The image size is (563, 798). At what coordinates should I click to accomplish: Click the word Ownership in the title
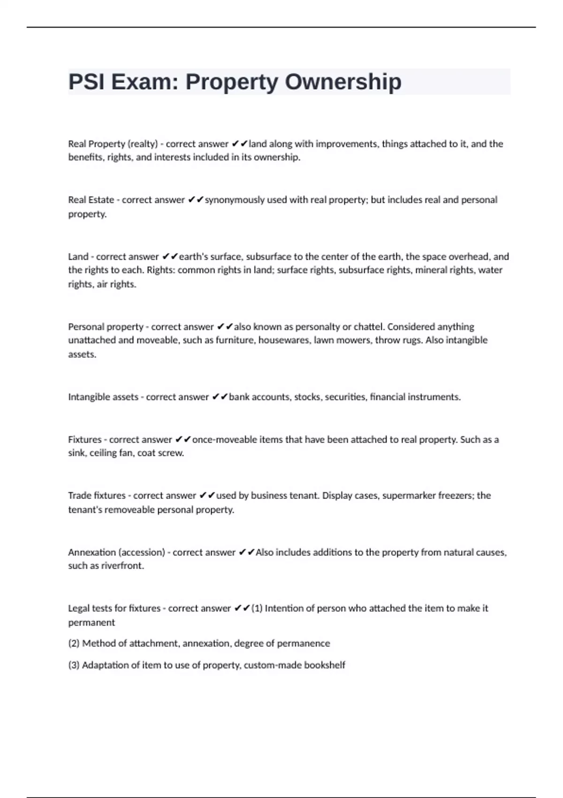[343, 82]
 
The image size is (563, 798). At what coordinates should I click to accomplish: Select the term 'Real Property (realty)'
[113, 144]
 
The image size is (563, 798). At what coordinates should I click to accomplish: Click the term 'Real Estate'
[91, 200]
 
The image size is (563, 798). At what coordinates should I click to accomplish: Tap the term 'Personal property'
[106, 327]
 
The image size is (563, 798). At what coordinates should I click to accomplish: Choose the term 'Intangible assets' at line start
[103, 397]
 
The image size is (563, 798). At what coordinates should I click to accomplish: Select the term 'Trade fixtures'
[97, 496]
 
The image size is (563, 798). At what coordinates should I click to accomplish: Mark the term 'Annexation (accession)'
[116, 552]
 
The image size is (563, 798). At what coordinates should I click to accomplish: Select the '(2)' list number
[74, 644]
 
